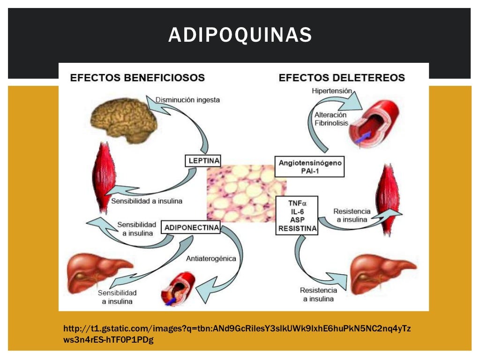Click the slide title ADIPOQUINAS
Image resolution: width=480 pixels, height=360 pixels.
pyautogui.click(x=240, y=35)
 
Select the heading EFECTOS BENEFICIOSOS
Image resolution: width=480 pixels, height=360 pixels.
pyautogui.click(x=137, y=77)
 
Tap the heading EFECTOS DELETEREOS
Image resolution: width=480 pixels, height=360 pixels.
pyautogui.click(x=342, y=77)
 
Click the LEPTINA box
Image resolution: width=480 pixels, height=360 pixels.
pyautogui.click(x=203, y=161)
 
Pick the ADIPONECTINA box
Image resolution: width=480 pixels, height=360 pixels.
pyautogui.click(x=192, y=228)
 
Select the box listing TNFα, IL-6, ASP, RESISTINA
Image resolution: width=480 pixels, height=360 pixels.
pyautogui.click(x=297, y=216)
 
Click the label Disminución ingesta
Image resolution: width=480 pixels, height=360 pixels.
pyautogui.click(x=187, y=100)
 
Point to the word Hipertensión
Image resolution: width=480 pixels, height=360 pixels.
pyautogui.click(x=331, y=91)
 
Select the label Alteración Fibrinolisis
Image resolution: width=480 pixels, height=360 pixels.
pyautogui.click(x=330, y=119)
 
